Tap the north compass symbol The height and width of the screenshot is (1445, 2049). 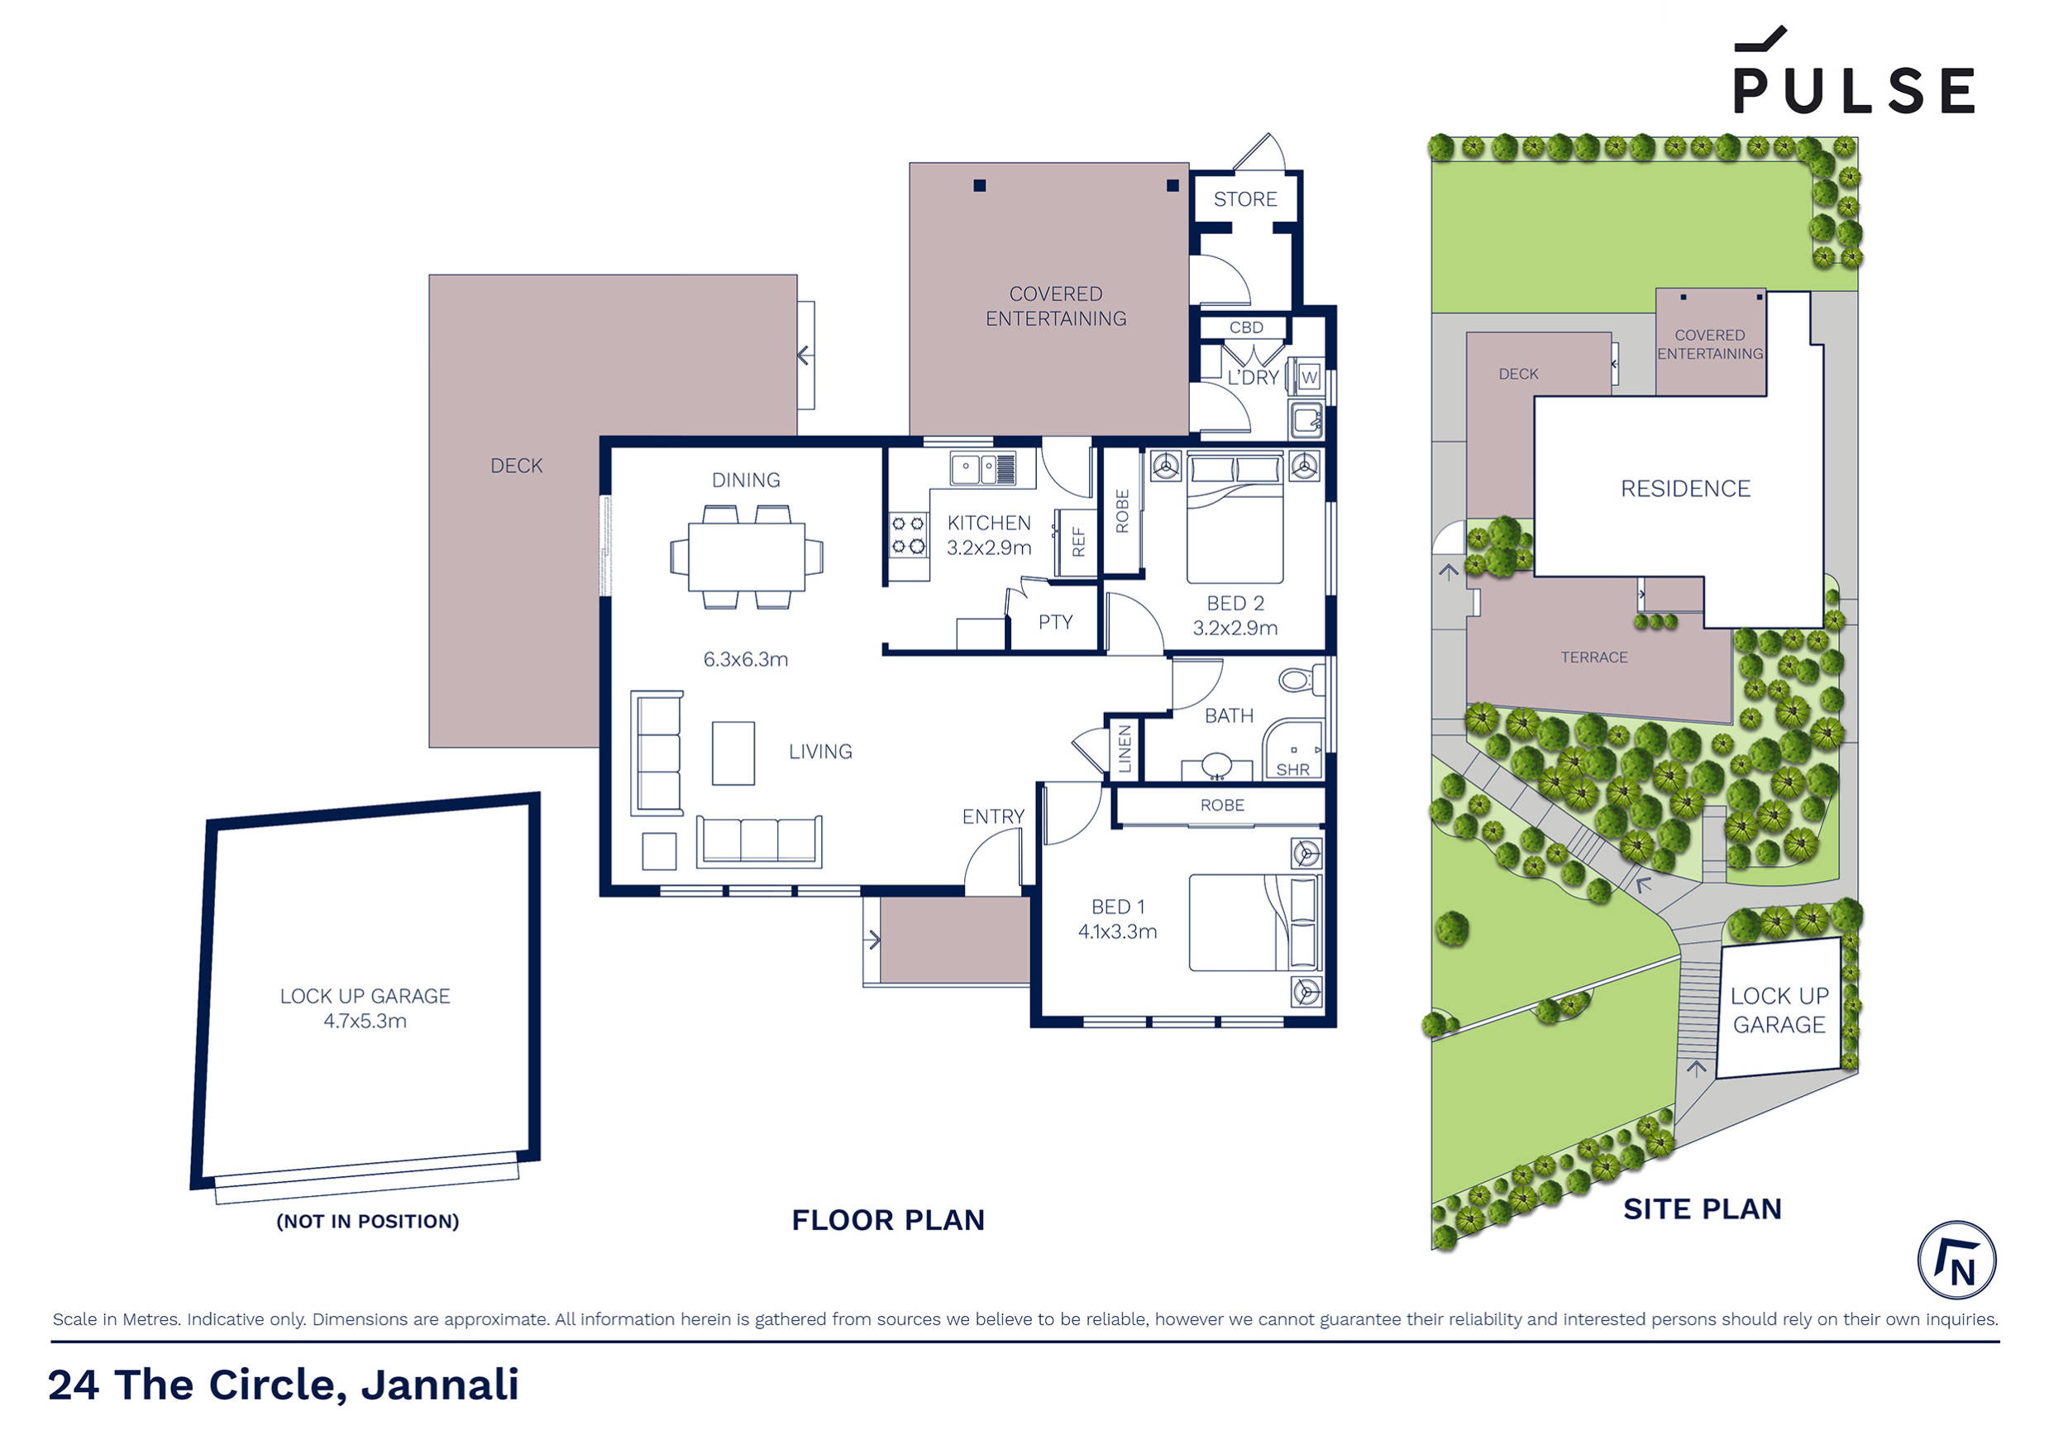click(x=1956, y=1261)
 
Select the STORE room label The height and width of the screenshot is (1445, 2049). click(x=1245, y=199)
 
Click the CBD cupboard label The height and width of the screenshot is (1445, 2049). click(x=1246, y=328)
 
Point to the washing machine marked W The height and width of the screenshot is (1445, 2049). click(x=1308, y=376)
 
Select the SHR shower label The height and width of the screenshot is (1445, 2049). click(x=1292, y=769)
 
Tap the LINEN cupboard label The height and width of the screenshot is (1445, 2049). click(x=1125, y=748)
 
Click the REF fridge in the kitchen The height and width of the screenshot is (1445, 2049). click(x=1077, y=542)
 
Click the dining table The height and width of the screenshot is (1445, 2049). click(x=746, y=557)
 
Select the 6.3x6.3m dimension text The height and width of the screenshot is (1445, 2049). click(x=745, y=659)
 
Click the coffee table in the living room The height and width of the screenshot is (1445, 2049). click(x=733, y=754)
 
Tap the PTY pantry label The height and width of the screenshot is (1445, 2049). click(x=1055, y=622)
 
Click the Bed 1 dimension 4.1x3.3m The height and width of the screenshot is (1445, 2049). click(x=1117, y=932)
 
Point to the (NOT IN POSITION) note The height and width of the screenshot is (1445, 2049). click(x=367, y=1221)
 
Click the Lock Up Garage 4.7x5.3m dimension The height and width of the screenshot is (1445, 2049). click(x=364, y=1021)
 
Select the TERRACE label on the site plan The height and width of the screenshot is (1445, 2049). click(x=1594, y=657)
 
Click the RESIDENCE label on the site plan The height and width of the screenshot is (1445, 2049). click(x=1685, y=488)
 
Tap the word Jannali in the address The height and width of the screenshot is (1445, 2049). click(x=439, y=1385)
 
